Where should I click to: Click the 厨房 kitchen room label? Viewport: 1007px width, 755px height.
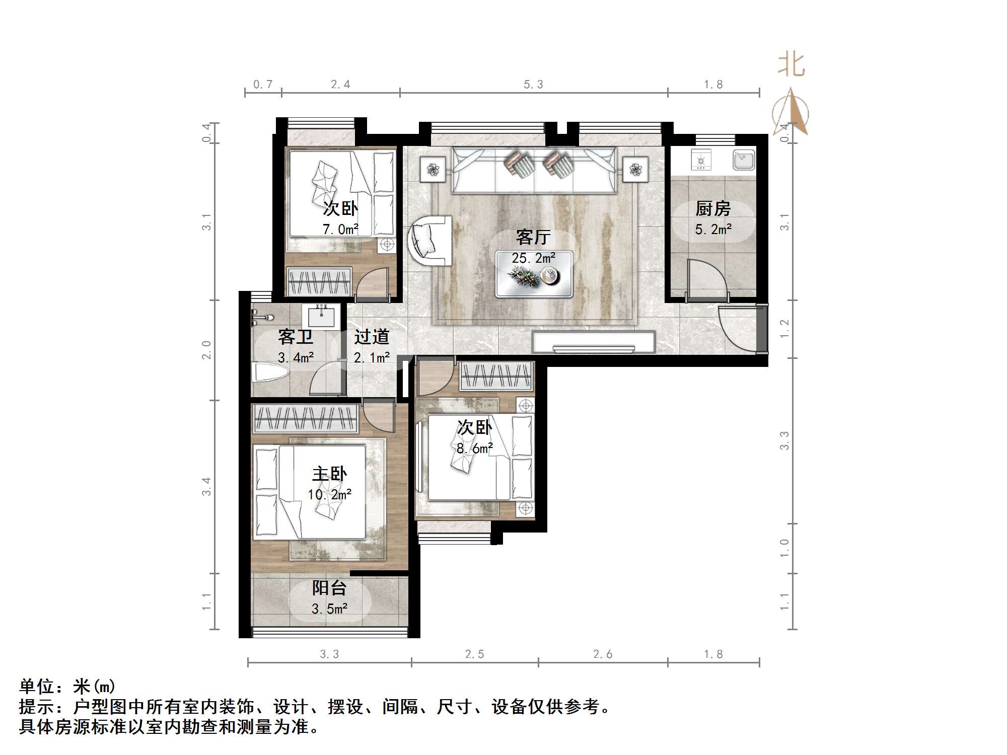tap(713, 208)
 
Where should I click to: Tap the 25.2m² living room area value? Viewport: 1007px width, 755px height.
tap(533, 258)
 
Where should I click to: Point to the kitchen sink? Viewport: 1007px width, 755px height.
tap(743, 160)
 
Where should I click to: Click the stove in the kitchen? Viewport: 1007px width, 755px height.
tap(700, 160)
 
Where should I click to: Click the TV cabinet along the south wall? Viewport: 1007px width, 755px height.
tap(594, 342)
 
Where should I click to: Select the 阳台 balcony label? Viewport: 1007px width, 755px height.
tap(329, 587)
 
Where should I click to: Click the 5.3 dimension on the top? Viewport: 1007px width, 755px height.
tap(533, 85)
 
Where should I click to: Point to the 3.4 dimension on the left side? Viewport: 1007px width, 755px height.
tap(206, 486)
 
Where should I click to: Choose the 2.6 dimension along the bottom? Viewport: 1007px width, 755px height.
tap(603, 654)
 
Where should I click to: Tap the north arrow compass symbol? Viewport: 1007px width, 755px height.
tap(792, 112)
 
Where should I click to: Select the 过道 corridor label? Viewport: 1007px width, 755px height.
tap(372, 336)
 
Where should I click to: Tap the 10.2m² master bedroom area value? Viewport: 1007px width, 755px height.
tap(329, 494)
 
